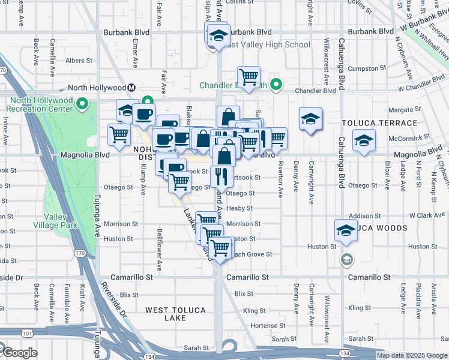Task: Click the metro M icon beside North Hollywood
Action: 131,88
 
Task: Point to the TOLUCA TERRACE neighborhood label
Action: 379,123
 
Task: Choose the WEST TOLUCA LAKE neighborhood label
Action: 175,314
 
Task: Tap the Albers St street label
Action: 79,61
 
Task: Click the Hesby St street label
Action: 240,208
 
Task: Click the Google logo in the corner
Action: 19,353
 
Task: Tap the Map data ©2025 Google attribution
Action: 412,355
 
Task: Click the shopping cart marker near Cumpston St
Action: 249,76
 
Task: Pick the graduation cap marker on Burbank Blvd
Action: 219,35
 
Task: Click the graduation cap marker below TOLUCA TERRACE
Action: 364,140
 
